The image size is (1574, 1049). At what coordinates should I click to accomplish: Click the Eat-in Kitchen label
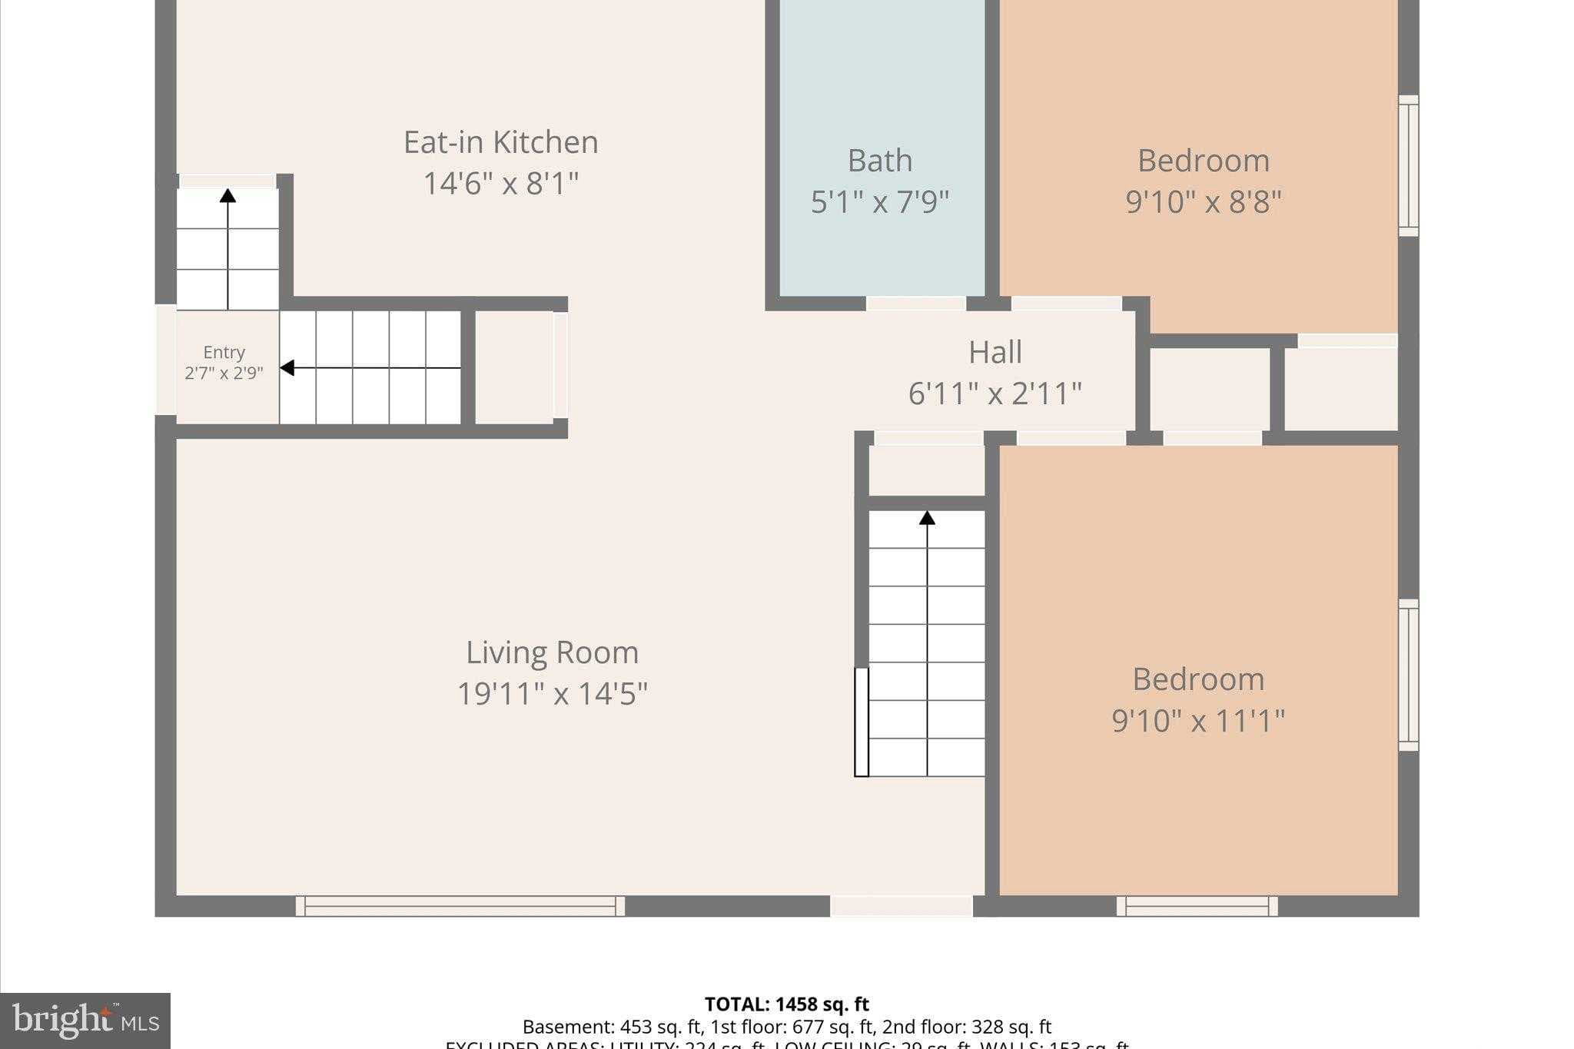click(x=500, y=142)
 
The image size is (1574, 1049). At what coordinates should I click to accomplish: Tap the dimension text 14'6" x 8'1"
click(x=500, y=184)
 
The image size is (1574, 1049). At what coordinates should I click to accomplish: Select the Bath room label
click(x=880, y=161)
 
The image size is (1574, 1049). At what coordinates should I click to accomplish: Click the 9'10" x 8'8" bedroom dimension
click(x=1204, y=202)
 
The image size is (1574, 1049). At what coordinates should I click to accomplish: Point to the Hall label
click(x=995, y=352)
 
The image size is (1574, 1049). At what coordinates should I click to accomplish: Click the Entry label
click(x=224, y=352)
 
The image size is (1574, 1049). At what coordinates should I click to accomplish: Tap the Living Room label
click(x=552, y=652)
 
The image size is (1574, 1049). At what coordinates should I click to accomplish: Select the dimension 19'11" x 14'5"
click(x=552, y=694)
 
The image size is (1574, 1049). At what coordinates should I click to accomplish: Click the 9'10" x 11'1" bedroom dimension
click(x=1197, y=721)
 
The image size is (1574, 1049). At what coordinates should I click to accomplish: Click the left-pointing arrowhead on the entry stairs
click(x=287, y=368)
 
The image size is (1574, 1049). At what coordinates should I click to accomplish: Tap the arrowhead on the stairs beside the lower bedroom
click(x=927, y=518)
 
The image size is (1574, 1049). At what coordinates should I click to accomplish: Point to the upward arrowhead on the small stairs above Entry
click(x=227, y=195)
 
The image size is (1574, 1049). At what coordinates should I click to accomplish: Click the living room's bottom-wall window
click(x=460, y=906)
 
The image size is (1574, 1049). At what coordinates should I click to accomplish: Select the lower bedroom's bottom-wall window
click(x=1197, y=906)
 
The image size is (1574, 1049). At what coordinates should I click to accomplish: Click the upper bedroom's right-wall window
click(x=1408, y=165)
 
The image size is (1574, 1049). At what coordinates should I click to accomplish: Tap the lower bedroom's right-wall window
click(x=1408, y=675)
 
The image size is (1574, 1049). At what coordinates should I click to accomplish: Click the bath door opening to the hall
click(x=915, y=304)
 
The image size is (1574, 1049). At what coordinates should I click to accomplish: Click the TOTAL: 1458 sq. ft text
click(x=786, y=1004)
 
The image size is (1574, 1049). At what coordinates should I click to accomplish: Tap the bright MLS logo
click(x=85, y=1021)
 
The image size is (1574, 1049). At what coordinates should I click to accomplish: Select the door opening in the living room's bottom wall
click(x=901, y=906)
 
